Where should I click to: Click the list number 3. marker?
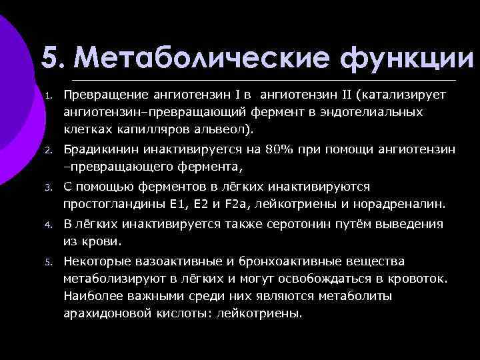[49, 188]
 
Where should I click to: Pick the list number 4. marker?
[49, 225]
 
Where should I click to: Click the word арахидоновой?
[102, 312]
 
